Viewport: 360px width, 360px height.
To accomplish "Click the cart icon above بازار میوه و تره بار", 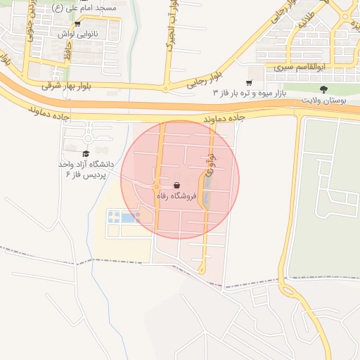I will pos(248,83).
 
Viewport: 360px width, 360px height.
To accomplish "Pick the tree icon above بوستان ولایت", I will pos(323,89).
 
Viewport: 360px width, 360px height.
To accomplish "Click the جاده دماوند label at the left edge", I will pos(49,112).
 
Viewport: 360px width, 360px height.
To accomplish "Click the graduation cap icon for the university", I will pos(86,153).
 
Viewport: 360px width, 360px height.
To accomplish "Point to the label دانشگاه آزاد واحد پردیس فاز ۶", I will pos(86,169).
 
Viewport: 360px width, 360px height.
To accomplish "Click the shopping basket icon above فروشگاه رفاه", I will pos(176,186).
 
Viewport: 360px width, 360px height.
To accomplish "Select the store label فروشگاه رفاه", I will pos(176,197).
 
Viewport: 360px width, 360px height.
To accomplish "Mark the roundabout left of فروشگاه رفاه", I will pos(155,186).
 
